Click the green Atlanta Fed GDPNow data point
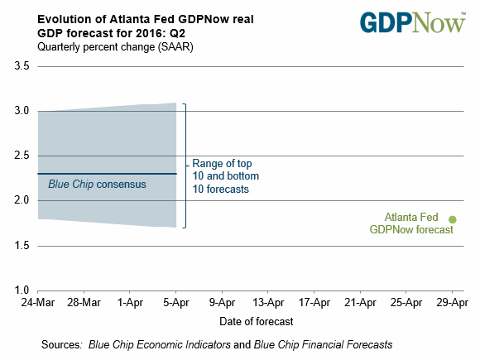click(x=453, y=219)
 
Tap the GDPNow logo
click(x=413, y=22)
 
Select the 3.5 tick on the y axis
click(x=22, y=66)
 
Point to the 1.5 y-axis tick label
click(x=22, y=246)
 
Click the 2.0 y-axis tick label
click(x=22, y=200)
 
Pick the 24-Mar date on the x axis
click(x=37, y=303)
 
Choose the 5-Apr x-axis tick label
click(x=176, y=303)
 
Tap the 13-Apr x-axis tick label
click(x=268, y=303)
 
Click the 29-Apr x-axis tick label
click(x=453, y=303)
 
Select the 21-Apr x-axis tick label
click(x=360, y=303)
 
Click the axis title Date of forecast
click(x=257, y=321)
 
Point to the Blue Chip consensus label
click(x=97, y=185)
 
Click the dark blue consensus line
click(x=107, y=174)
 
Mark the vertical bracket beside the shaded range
click(x=185, y=166)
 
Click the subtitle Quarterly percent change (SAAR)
click(x=115, y=47)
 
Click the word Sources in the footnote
click(x=61, y=345)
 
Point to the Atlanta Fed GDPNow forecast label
click(x=411, y=223)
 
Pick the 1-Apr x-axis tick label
click(x=130, y=303)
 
